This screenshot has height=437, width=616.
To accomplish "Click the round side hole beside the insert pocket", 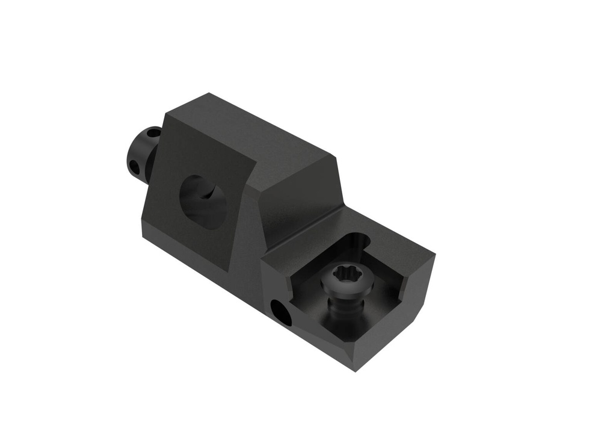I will coord(280,311).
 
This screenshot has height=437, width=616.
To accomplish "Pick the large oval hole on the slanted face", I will coord(204,201).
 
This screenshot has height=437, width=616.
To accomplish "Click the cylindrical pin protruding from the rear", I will coord(141,153).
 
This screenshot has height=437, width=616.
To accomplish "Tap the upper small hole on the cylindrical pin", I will coord(153,132).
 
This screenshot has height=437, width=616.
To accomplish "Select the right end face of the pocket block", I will coord(424,283).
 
